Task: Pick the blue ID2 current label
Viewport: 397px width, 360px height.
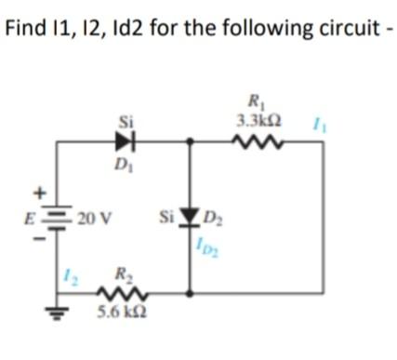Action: click(209, 246)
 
